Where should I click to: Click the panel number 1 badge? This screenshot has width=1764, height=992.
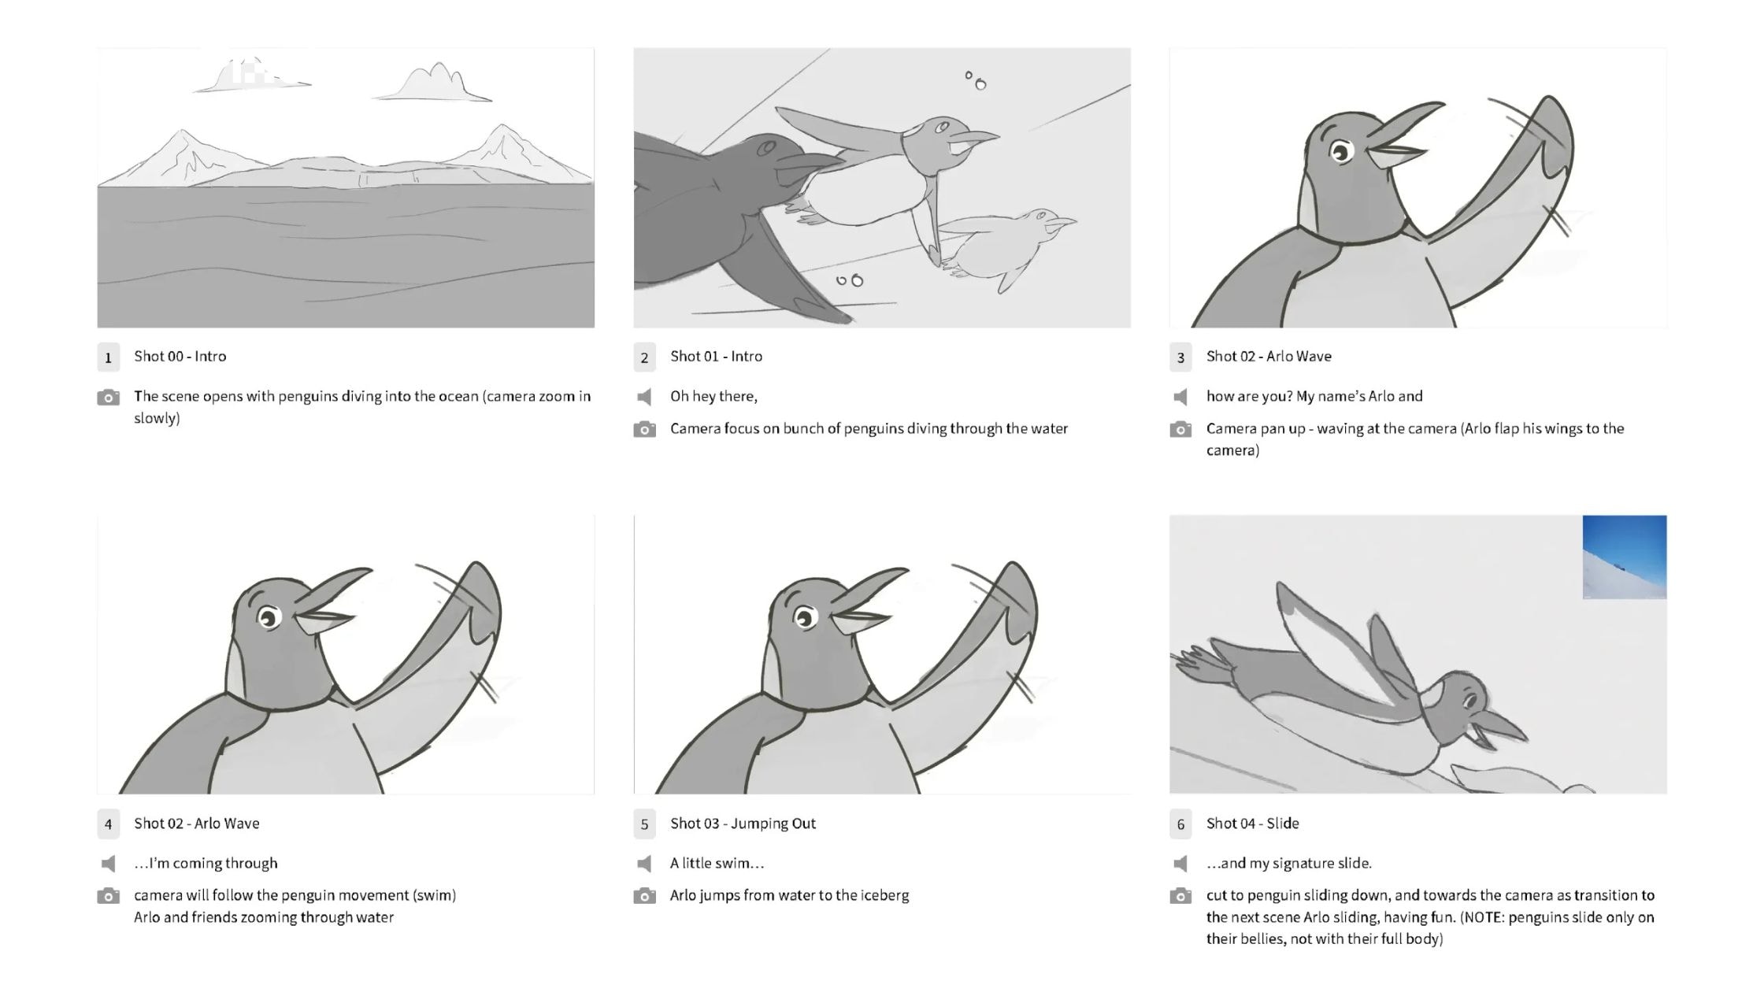tap(108, 357)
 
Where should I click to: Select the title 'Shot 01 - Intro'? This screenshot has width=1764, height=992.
tap(716, 357)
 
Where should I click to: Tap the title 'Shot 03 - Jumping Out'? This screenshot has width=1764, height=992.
tap(743, 824)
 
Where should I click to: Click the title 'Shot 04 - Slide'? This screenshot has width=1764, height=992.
tap(1252, 824)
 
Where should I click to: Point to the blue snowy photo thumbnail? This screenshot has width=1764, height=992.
tap(1624, 557)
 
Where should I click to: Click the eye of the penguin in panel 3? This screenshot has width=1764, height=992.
tap(1340, 150)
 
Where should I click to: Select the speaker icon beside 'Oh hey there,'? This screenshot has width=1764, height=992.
tap(644, 397)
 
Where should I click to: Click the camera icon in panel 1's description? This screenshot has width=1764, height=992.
tap(108, 397)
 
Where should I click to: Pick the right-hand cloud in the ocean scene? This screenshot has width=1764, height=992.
tap(432, 84)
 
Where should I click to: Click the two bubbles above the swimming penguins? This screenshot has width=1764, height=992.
tap(976, 80)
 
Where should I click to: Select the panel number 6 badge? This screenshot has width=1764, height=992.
tap(1180, 824)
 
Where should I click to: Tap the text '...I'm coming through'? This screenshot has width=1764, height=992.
tap(206, 864)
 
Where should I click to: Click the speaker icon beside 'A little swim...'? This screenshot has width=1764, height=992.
tap(644, 864)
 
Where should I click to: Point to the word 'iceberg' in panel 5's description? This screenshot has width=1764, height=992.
tap(884, 896)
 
